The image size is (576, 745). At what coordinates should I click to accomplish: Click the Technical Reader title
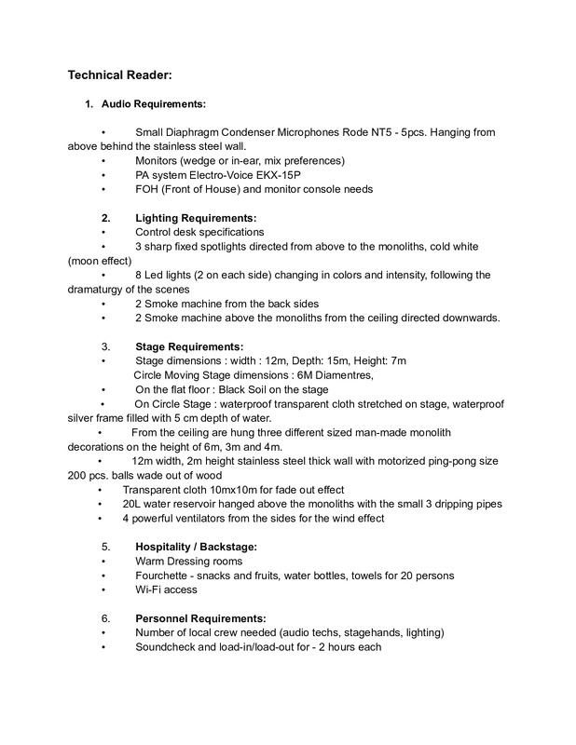coord(125,76)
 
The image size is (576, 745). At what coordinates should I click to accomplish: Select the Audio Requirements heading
coord(154,103)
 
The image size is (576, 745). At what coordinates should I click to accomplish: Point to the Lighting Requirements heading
coord(196,217)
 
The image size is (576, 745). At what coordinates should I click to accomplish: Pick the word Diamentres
coord(340,374)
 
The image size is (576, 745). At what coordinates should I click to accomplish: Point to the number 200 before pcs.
coord(78,475)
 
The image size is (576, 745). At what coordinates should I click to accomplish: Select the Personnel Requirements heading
coord(200,618)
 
